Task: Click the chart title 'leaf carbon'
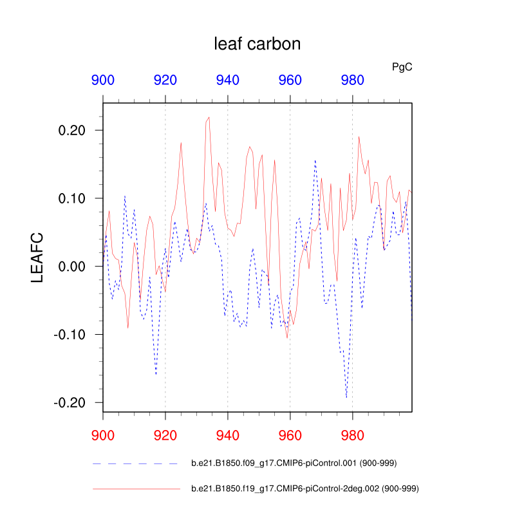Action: click(x=257, y=44)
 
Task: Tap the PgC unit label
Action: click(x=402, y=66)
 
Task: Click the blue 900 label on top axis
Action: click(x=103, y=80)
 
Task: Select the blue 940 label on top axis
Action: click(x=228, y=80)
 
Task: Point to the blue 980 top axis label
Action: click(x=352, y=80)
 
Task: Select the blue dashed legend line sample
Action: click(x=135, y=464)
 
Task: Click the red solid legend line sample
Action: click(x=135, y=489)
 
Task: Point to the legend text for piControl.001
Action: click(x=301, y=464)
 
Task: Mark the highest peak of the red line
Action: click(x=209, y=117)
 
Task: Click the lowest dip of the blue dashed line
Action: click(x=346, y=397)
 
